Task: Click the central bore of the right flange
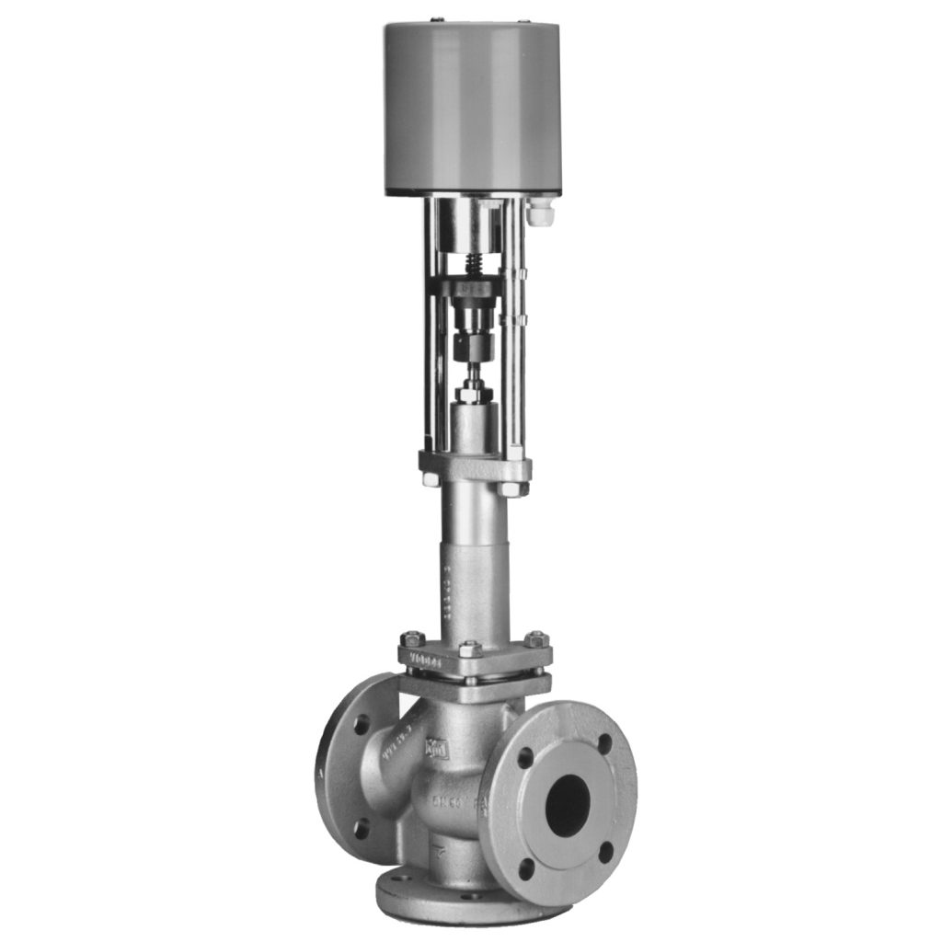[568, 805]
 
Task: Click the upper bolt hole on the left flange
[362, 723]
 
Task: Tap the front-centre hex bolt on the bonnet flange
[470, 649]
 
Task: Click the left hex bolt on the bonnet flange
[410, 638]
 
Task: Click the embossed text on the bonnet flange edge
[427, 660]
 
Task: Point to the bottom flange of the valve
[460, 897]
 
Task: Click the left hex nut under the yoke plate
[429, 479]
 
